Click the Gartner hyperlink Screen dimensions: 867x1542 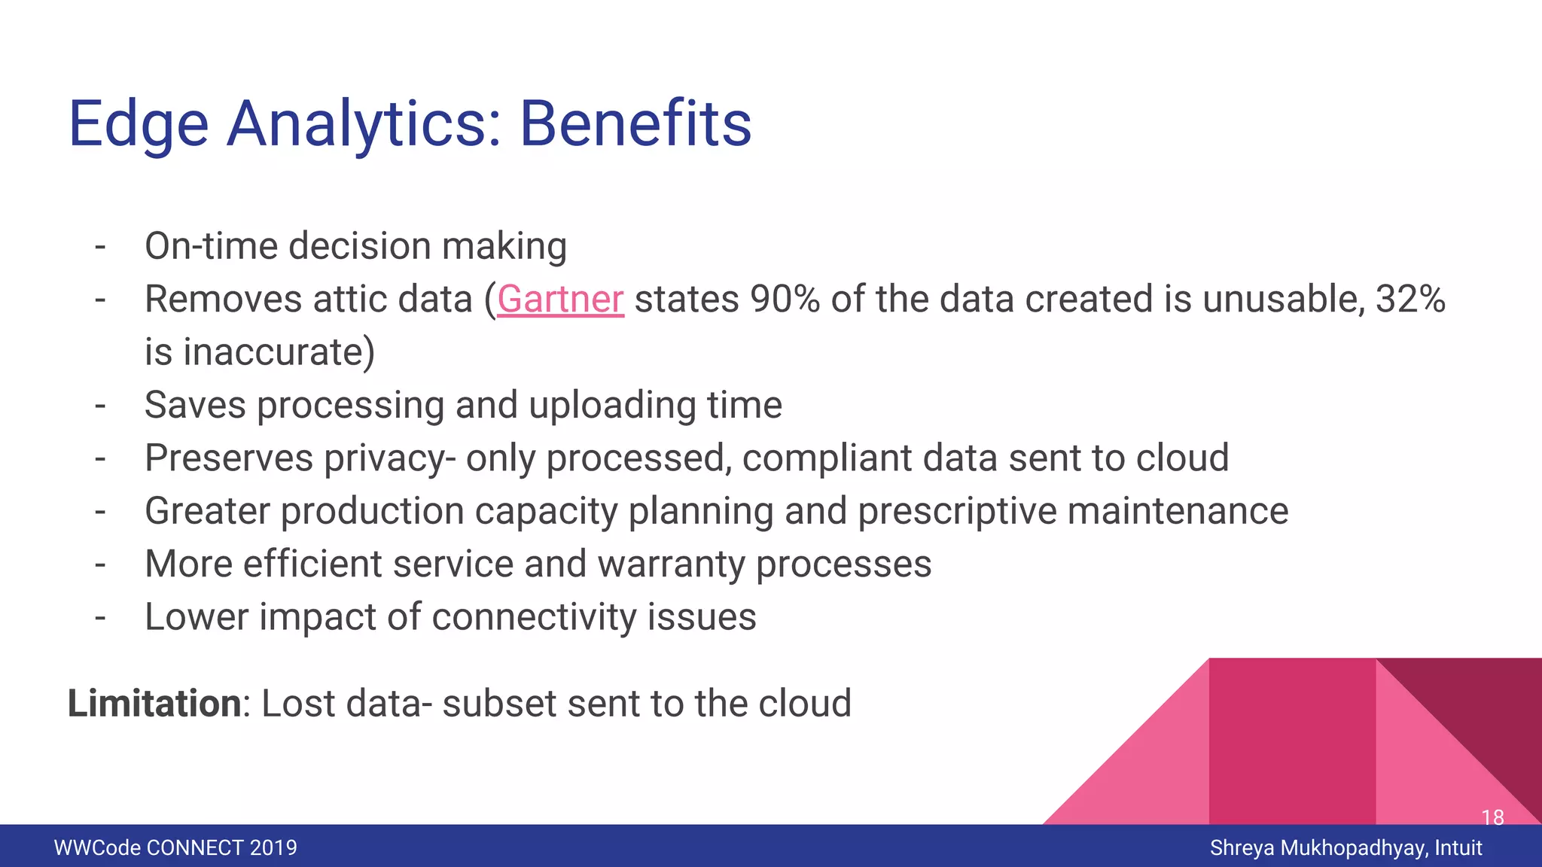[x=560, y=300]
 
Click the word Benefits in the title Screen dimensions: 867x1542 [x=635, y=124]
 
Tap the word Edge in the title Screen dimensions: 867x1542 [x=139, y=124]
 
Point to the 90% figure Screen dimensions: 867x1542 [x=785, y=300]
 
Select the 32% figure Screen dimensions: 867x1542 [x=1409, y=300]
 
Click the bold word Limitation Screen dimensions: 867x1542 [x=154, y=704]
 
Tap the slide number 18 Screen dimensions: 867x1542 [x=1492, y=817]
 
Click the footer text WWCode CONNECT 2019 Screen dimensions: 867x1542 [x=175, y=848]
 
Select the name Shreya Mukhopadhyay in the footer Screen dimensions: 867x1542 [x=1318, y=848]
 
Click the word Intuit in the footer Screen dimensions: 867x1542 [x=1458, y=848]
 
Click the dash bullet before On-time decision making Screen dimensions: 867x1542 [x=100, y=247]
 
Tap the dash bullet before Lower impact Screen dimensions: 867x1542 [x=100, y=617]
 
